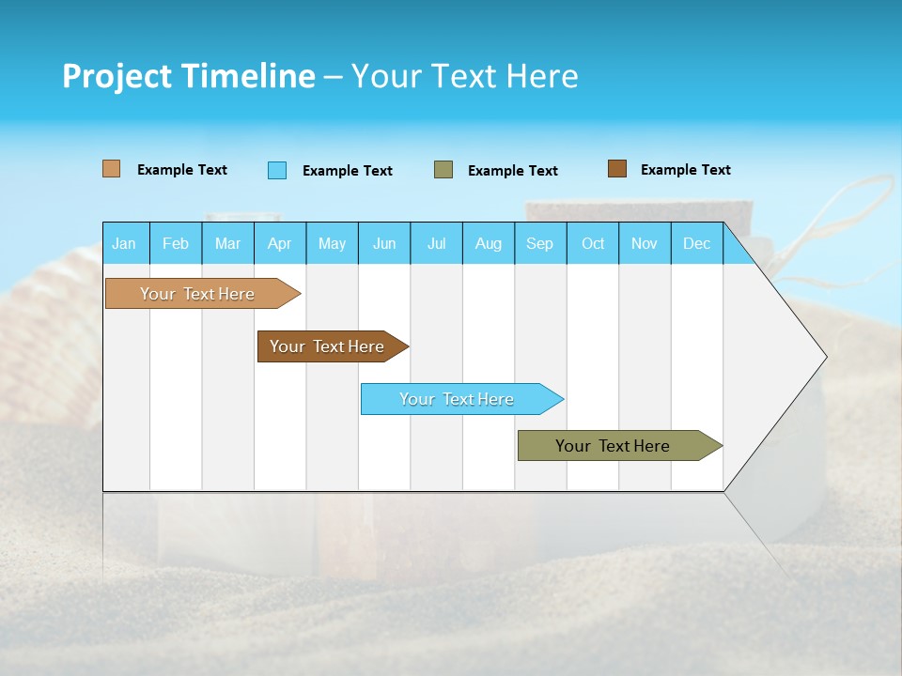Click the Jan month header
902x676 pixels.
tap(125, 243)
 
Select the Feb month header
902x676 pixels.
tap(176, 243)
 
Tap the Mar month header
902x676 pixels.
tap(227, 243)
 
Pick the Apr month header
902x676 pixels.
tap(280, 243)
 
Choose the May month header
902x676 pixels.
tap(332, 243)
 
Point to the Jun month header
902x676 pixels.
tap(384, 243)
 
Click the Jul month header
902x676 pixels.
tap(436, 243)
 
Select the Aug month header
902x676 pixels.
tap(489, 243)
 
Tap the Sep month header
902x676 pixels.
tap(540, 243)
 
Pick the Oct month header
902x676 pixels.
tap(593, 243)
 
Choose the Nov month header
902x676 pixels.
tap(645, 243)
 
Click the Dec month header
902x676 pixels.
tap(697, 243)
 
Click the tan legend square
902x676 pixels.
tap(112, 169)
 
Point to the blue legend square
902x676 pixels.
tap(277, 170)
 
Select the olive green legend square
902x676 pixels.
tap(443, 170)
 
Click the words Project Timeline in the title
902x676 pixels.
tap(189, 76)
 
